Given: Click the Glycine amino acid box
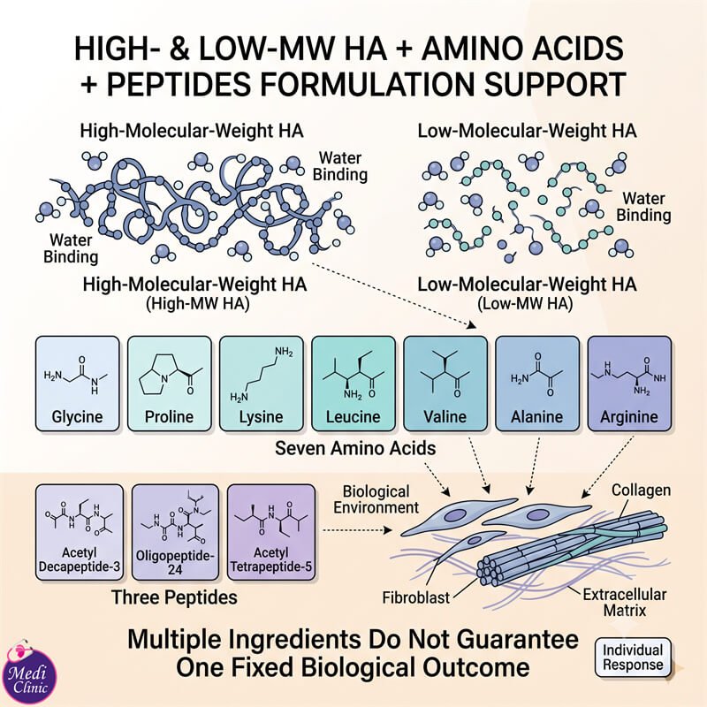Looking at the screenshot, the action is click(78, 384).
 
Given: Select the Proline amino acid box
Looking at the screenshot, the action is click(170, 384).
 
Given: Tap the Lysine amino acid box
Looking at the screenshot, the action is click(262, 384).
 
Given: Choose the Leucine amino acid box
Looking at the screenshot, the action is click(353, 384).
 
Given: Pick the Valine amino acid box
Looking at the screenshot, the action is click(445, 384).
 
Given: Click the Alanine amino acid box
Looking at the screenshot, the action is click(537, 384).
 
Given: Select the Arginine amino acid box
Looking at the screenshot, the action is click(629, 384).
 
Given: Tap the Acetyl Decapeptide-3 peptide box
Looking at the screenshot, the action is click(80, 532).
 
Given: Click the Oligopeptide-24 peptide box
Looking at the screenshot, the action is click(175, 532).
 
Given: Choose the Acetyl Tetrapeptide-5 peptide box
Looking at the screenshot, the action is click(271, 532).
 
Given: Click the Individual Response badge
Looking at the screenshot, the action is click(633, 658).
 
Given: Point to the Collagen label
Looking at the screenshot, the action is click(641, 490).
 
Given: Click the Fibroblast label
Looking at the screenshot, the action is click(415, 598).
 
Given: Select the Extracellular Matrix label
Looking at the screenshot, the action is click(625, 603).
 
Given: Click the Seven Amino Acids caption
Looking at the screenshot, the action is click(355, 448).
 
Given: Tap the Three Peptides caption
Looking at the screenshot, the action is click(174, 597).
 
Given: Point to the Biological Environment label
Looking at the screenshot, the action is click(376, 499).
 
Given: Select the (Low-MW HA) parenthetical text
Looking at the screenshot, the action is click(525, 304).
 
